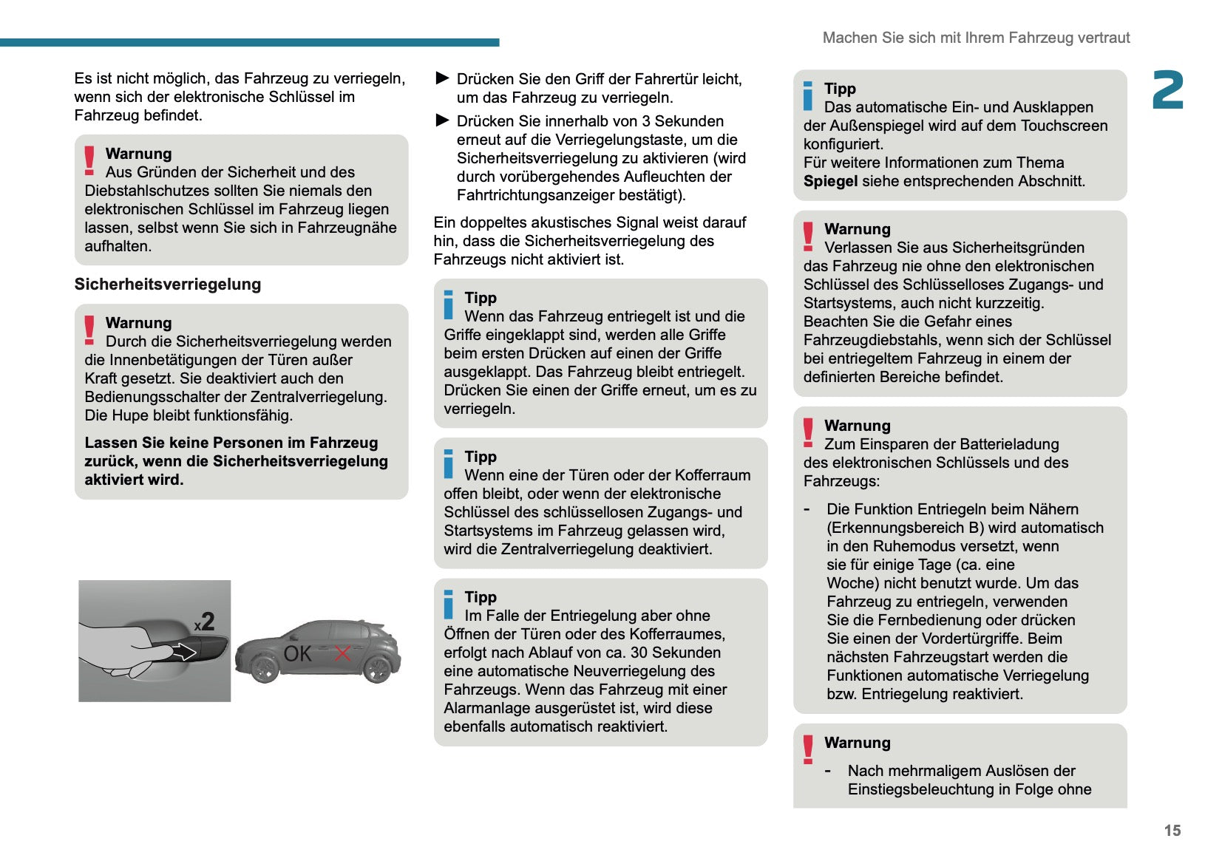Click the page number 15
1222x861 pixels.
click(1172, 830)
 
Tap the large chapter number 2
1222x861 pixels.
click(1167, 90)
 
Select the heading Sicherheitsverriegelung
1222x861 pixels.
click(168, 285)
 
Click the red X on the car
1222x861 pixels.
click(342, 653)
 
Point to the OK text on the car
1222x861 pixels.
click(298, 653)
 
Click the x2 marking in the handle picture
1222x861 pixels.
click(205, 622)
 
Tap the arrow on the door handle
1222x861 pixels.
click(183, 651)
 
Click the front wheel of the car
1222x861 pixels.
click(264, 668)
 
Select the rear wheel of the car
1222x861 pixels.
click(377, 668)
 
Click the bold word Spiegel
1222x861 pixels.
click(830, 181)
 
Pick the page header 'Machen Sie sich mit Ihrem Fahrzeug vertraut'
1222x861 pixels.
click(976, 38)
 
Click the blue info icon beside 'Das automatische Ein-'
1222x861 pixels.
click(808, 96)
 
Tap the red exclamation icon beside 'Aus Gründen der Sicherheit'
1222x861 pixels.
click(89, 160)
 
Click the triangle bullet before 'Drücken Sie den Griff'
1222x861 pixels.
click(442, 78)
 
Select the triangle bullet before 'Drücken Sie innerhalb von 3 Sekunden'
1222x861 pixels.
click(442, 120)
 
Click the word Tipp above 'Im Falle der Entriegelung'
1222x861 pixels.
click(481, 597)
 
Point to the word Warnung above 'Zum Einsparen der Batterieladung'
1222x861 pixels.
click(857, 426)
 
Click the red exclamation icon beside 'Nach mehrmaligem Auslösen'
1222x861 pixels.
click(808, 749)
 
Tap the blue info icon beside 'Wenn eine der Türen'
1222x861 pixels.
click(448, 463)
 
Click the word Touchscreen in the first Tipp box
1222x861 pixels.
click(1064, 126)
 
